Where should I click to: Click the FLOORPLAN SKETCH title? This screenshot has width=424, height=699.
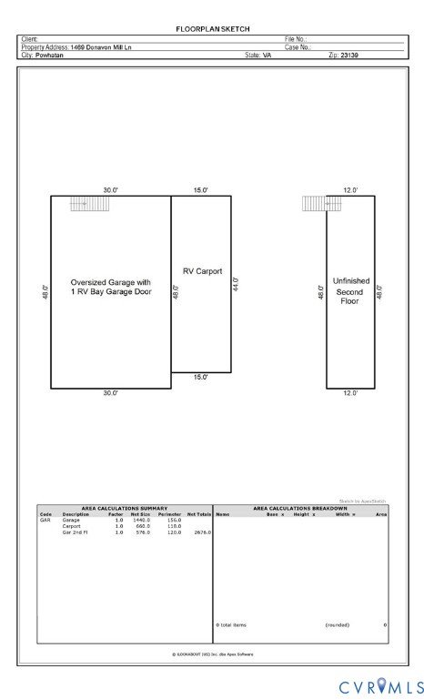[212, 30]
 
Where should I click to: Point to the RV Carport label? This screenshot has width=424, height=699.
[202, 270]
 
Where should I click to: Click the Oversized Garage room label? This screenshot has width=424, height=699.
[110, 288]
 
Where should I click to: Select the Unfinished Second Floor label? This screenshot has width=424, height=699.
[350, 290]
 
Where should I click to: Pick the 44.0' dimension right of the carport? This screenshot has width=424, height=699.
[236, 284]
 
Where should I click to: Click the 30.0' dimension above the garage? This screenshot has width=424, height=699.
[110, 190]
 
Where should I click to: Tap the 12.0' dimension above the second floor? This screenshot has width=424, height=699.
[350, 190]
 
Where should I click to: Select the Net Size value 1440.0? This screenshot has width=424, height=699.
[141, 520]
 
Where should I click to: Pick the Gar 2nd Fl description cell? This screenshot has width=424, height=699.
[75, 531]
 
